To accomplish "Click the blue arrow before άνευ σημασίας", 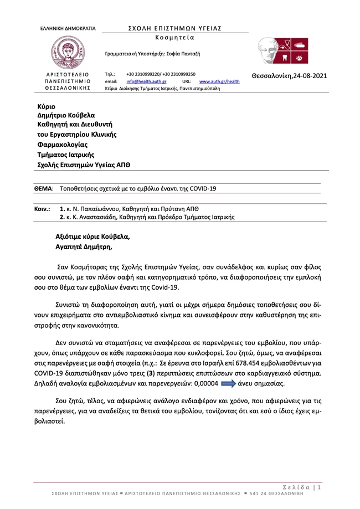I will coord(220,383).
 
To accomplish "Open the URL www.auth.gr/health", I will coord(219,81).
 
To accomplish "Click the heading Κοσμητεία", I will coord(171,37).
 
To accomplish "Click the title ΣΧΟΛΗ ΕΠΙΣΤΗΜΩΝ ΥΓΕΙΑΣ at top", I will coord(171,28).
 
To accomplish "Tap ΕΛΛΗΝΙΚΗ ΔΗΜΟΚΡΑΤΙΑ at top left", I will coord(68,28).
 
